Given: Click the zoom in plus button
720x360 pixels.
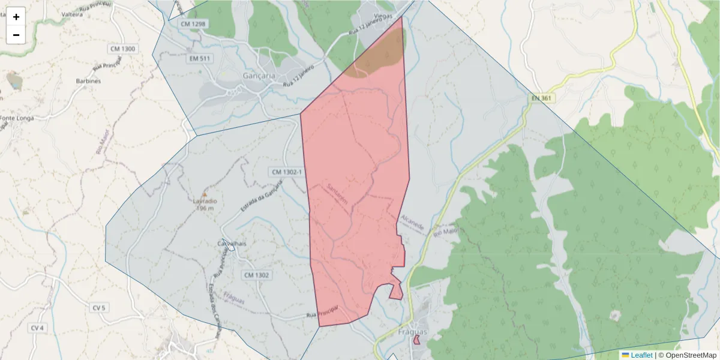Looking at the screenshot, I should point(16,17).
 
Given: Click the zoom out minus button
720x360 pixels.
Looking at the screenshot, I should point(16,35).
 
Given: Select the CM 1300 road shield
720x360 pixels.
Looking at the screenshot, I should point(123,49).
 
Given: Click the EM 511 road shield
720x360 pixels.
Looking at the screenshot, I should point(200,58).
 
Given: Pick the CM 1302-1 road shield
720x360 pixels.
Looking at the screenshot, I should point(286,172).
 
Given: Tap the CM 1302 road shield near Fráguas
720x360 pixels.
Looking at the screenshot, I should point(257,275).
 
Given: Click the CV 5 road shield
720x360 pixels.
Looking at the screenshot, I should point(99,308).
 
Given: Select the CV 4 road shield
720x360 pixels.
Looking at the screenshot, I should point(37,328).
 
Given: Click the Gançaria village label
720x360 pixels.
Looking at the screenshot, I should point(259,76).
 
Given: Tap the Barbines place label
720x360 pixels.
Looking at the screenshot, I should point(88,80).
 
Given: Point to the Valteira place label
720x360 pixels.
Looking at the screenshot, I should point(72,13).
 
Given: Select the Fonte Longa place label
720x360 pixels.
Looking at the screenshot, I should point(17,118).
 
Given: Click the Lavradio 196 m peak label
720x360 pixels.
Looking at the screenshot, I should point(205,204).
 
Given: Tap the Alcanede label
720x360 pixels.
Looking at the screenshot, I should point(412,223).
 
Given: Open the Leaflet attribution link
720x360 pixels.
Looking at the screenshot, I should point(641,355).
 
